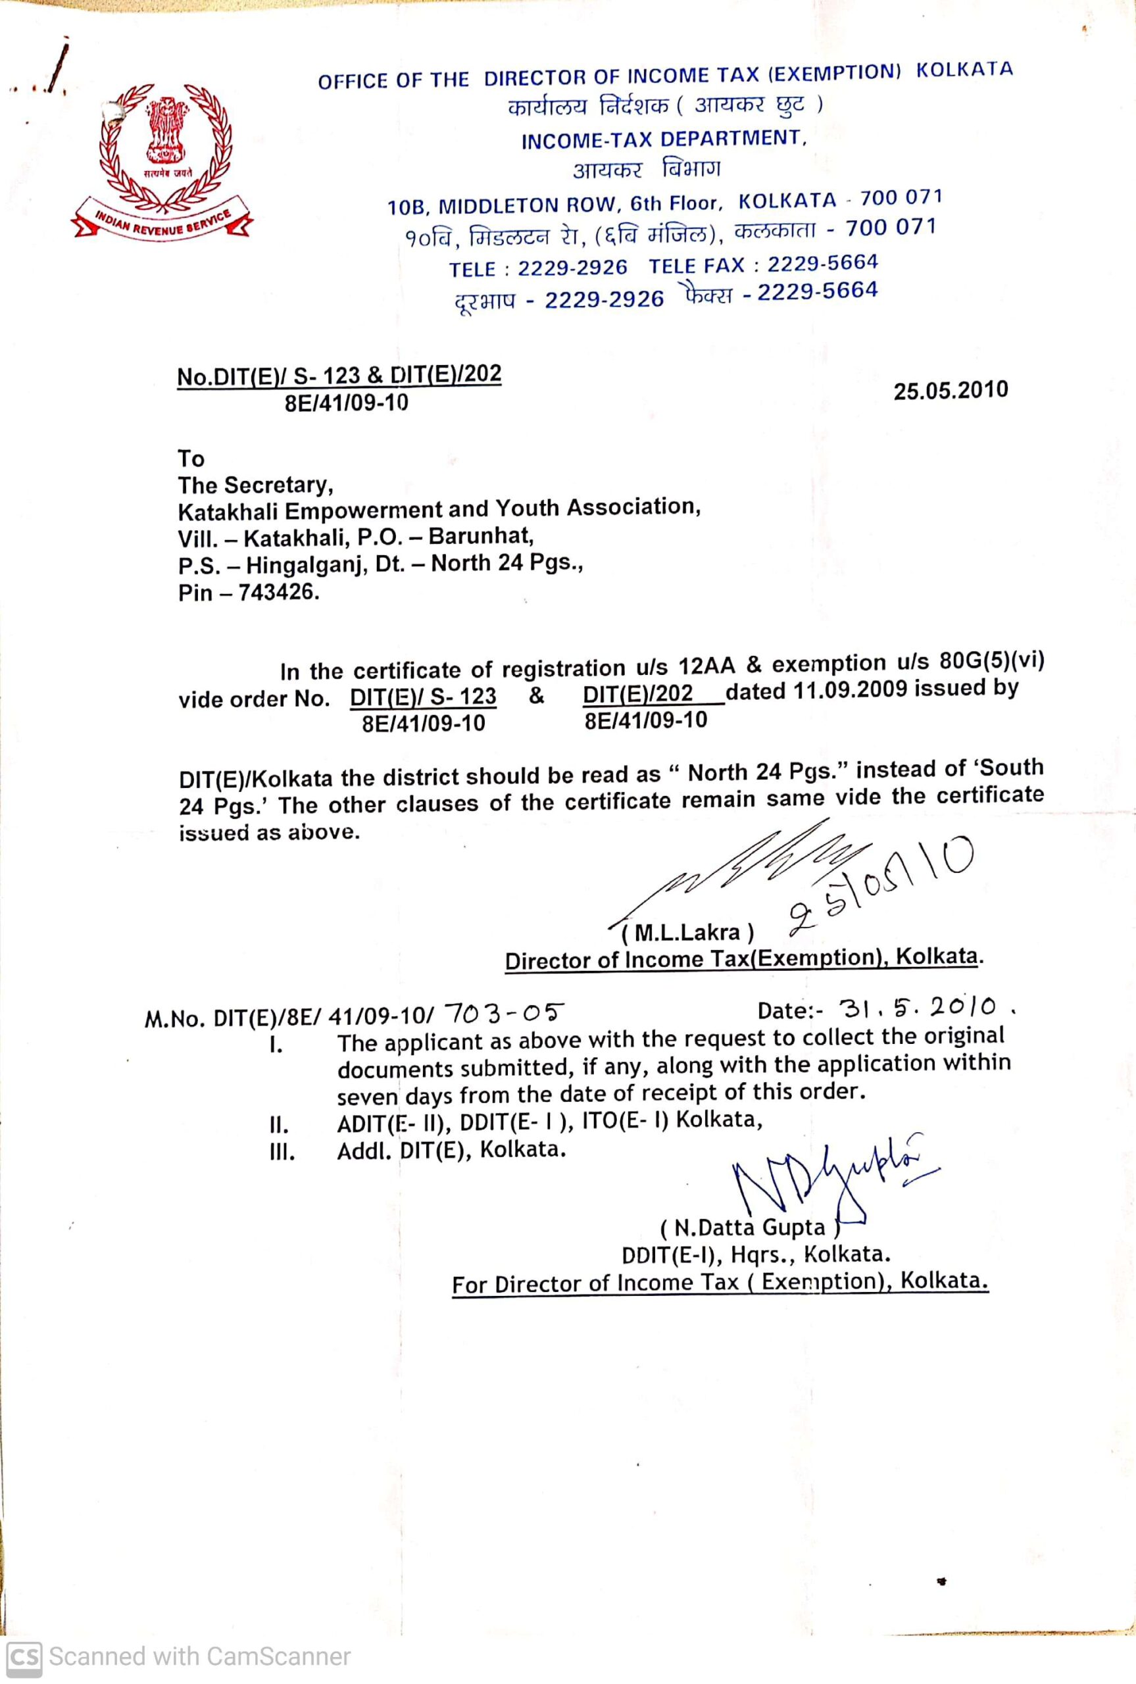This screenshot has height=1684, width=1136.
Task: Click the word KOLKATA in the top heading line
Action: [x=964, y=70]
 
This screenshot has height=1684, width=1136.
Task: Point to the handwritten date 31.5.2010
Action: [x=917, y=1006]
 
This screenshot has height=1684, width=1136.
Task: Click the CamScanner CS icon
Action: [x=23, y=1656]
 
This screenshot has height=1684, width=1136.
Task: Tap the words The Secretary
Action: [x=255, y=485]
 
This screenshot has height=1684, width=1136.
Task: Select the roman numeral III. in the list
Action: [x=282, y=1152]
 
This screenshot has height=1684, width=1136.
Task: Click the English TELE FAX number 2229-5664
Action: [x=822, y=263]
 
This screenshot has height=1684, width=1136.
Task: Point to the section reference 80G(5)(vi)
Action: [x=991, y=661]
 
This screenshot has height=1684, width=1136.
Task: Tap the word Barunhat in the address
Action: [x=480, y=536]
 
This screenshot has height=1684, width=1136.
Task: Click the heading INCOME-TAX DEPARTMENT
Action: [x=662, y=139]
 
